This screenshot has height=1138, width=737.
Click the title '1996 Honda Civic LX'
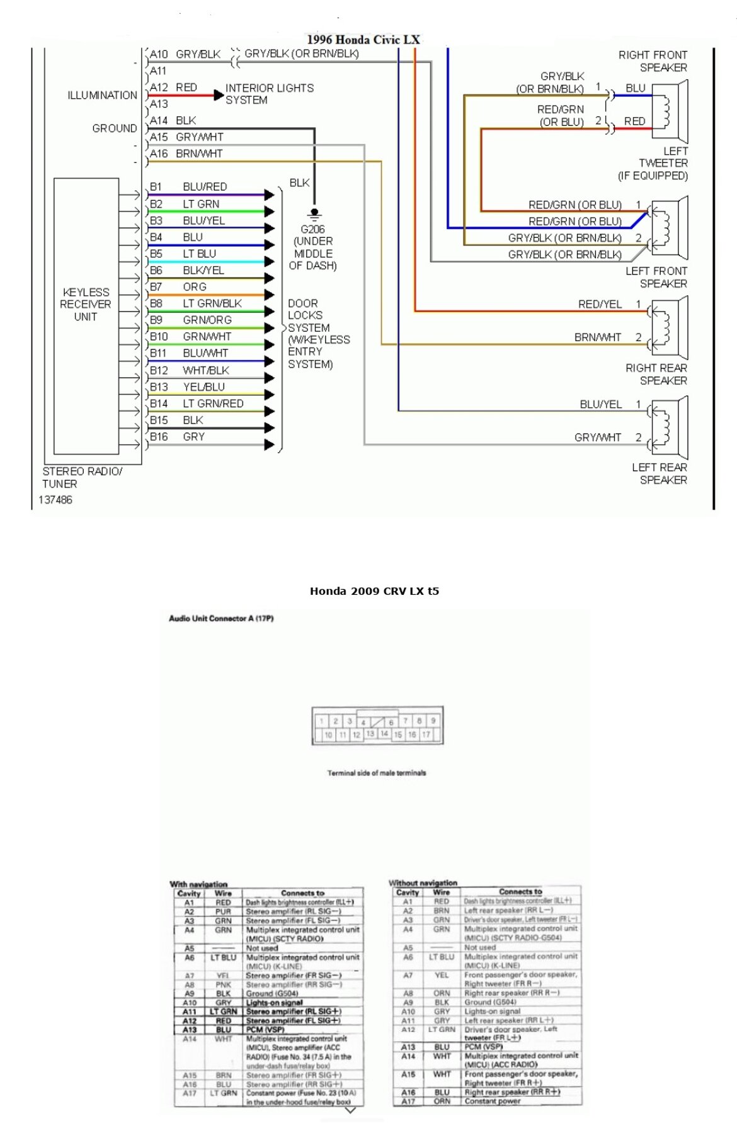(363, 40)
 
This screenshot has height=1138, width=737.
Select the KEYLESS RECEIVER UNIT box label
(86, 305)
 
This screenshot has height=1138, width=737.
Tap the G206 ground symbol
(314, 214)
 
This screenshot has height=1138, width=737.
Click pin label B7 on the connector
(156, 287)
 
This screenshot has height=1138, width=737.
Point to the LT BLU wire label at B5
(199, 254)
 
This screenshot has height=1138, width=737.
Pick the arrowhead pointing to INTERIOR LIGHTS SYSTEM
(218, 96)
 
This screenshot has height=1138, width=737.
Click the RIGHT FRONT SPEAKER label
(653, 61)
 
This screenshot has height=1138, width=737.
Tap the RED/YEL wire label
(600, 305)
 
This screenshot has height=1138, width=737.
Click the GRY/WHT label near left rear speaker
(597, 437)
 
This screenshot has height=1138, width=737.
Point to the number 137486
(55, 500)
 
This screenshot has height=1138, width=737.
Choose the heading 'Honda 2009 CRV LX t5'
(374, 591)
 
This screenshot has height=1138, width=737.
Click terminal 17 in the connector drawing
(426, 735)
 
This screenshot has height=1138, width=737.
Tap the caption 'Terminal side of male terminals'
(376, 773)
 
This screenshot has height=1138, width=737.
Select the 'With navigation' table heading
(198, 884)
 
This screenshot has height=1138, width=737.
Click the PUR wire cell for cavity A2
(223, 911)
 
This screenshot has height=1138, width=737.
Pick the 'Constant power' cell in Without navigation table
(493, 1101)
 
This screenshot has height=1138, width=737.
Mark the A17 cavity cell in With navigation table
(189, 1093)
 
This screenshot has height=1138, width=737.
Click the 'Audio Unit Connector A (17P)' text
(221, 618)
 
